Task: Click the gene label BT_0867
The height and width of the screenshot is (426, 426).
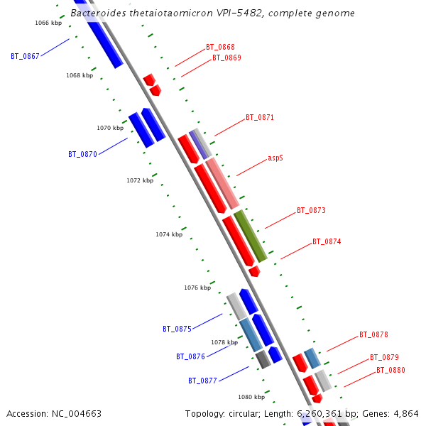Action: [x=25, y=55]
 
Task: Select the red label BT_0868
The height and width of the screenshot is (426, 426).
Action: [x=220, y=47]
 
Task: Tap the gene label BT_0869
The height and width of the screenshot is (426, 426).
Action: [x=226, y=58]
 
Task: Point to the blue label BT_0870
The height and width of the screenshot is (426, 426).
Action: [x=82, y=154]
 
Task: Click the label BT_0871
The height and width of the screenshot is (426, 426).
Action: [x=260, y=118]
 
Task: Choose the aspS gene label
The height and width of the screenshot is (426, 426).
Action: [x=275, y=158]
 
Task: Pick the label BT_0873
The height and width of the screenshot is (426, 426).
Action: [x=311, y=211]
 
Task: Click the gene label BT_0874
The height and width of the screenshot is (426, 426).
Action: [x=327, y=242]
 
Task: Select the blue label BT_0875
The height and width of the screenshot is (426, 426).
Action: [x=177, y=329]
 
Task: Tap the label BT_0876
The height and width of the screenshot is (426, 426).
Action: [x=190, y=357]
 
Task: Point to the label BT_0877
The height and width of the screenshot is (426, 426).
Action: [x=202, y=381]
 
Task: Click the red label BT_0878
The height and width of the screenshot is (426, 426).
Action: [x=373, y=335]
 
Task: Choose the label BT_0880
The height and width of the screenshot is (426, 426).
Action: [x=390, y=371]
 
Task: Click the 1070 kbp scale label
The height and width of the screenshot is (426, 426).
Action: [x=110, y=129]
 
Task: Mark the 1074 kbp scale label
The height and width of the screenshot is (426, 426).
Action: [x=169, y=234]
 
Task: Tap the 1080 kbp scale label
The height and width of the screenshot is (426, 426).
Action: [x=251, y=398]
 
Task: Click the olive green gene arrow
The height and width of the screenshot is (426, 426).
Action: [x=251, y=236]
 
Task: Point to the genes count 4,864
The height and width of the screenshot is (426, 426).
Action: [x=406, y=413]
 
